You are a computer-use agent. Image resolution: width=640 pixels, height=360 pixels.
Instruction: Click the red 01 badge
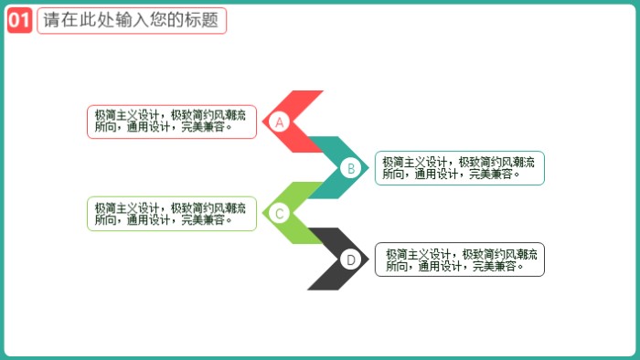[19, 21]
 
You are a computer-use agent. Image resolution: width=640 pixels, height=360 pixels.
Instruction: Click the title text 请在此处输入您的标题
[132, 21]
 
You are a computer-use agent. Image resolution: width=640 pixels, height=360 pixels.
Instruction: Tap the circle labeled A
[281, 122]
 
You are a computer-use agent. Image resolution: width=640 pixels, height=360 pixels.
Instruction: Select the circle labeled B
[349, 168]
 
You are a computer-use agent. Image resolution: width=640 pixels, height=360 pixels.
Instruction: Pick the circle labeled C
[281, 214]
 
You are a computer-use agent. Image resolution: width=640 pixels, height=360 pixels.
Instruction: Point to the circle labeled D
[349, 259]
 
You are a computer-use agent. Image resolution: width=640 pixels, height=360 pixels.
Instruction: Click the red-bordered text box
[172, 122]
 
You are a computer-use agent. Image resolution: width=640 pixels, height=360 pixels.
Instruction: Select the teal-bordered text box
[459, 168]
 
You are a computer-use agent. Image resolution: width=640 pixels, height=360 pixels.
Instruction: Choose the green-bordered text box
[172, 214]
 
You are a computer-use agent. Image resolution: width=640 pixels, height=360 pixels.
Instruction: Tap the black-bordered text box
[459, 259]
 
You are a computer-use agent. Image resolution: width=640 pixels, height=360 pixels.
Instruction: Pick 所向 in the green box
[106, 220]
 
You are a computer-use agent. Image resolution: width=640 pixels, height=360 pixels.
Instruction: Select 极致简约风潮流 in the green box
[208, 207]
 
